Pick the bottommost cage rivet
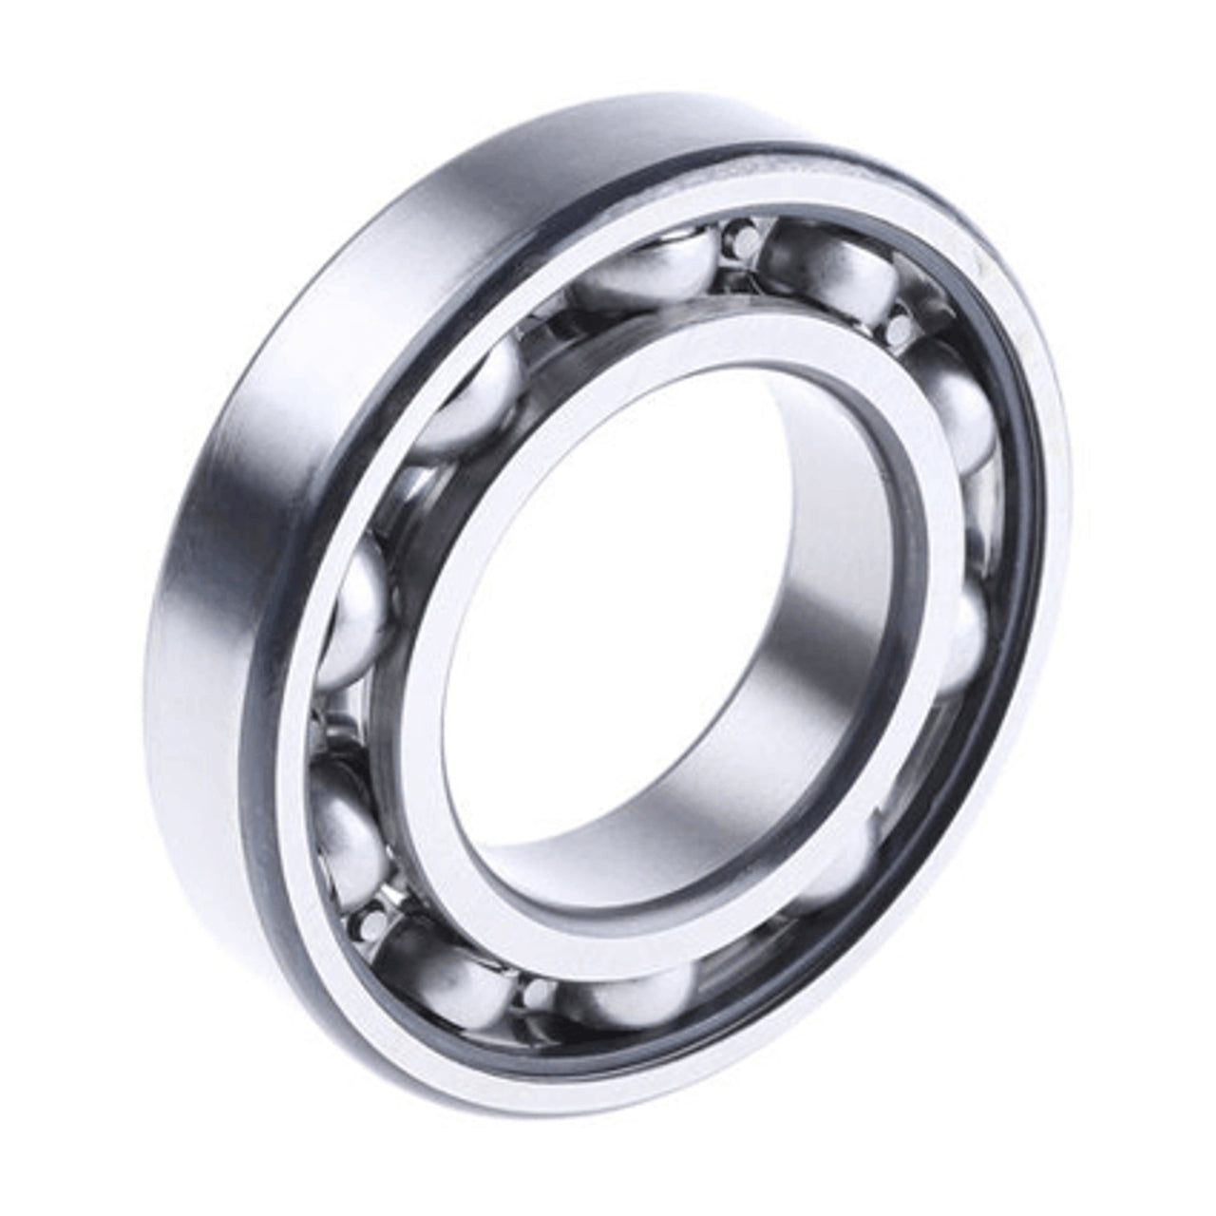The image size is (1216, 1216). pos(538,993)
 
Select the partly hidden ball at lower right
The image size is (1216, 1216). pos(836,874)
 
